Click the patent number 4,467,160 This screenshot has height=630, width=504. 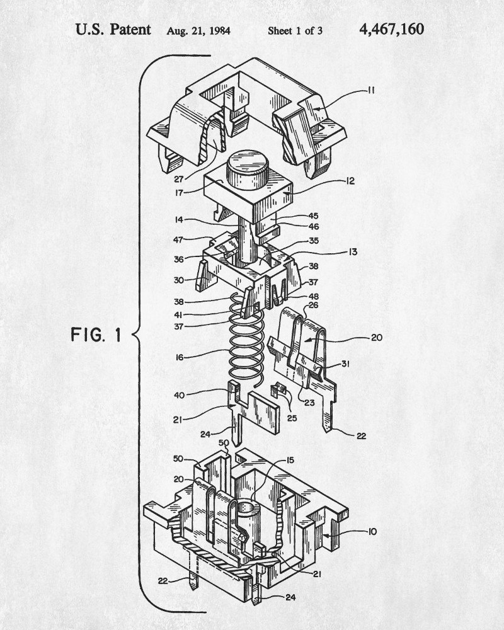pos(391,29)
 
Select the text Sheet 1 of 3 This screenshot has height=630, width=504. pos(295,30)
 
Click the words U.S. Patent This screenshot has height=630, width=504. pos(113,29)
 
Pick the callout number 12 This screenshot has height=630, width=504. pos(350,181)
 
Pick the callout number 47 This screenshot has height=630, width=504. pos(180,240)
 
